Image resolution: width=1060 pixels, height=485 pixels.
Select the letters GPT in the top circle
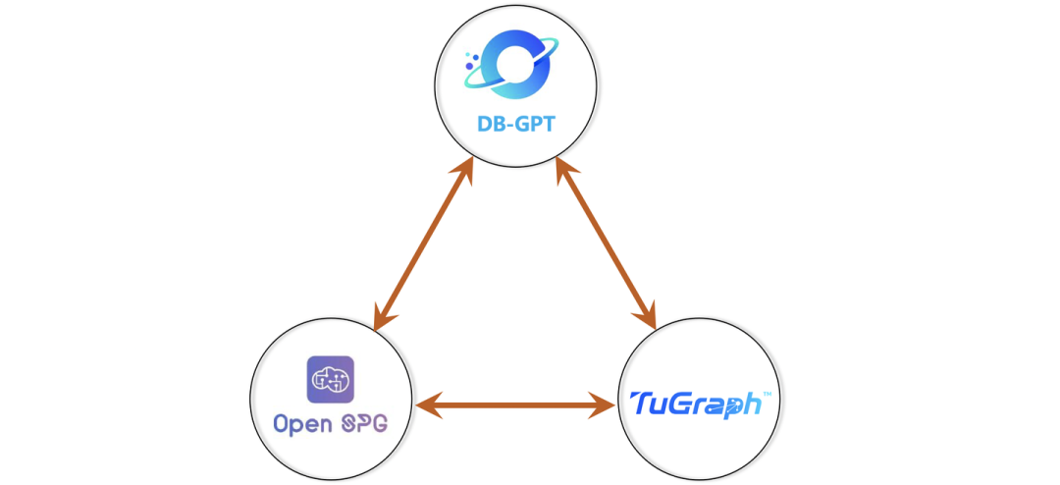(536, 127)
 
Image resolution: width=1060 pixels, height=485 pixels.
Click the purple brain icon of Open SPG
(331, 379)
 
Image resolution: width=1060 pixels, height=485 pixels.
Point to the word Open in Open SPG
(301, 425)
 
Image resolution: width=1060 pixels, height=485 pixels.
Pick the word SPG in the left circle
(362, 425)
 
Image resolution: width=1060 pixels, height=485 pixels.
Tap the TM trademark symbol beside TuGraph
(766, 393)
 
